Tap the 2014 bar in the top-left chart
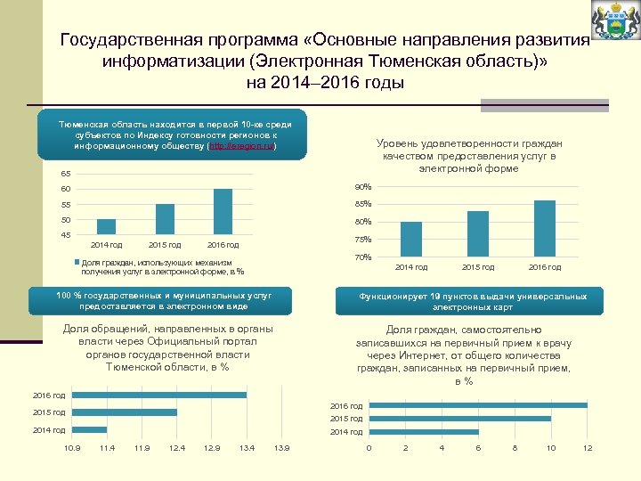tap(107, 226)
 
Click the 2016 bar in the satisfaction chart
tap(545, 229)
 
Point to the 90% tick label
tap(362, 187)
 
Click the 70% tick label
tap(362, 257)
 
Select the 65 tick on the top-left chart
tap(65, 173)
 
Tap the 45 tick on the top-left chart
tap(65, 235)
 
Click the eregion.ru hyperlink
tap(242, 146)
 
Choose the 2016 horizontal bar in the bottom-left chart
tap(159, 395)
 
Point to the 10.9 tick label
tap(73, 447)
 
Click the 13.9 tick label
tap(282, 447)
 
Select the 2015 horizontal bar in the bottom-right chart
tap(460, 419)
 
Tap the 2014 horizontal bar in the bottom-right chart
tap(424, 431)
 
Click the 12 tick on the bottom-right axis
tap(587, 447)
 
